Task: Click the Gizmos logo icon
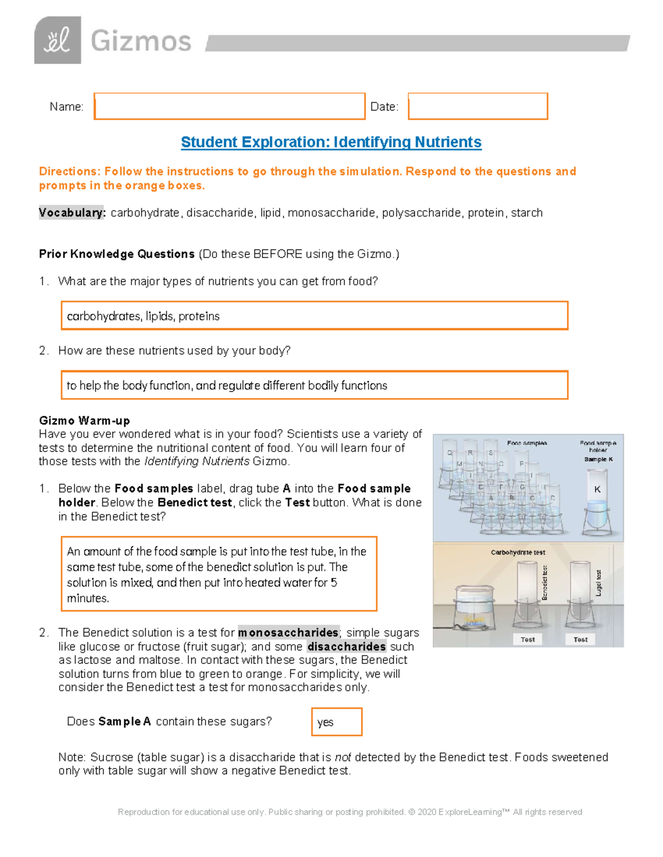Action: point(57,40)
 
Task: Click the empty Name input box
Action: point(229,107)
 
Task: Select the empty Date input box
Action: point(478,107)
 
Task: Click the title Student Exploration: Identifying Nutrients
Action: point(331,142)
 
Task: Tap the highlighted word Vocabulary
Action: point(71,213)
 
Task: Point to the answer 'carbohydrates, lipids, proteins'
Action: point(143,316)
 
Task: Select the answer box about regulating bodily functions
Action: point(314,385)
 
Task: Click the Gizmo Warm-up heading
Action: point(85,420)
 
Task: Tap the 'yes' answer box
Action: point(336,722)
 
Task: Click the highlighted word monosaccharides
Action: point(288,632)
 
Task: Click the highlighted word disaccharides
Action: point(346,646)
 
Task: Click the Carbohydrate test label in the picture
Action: point(518,552)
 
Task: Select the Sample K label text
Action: point(598,459)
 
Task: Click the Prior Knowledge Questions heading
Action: point(117,254)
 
